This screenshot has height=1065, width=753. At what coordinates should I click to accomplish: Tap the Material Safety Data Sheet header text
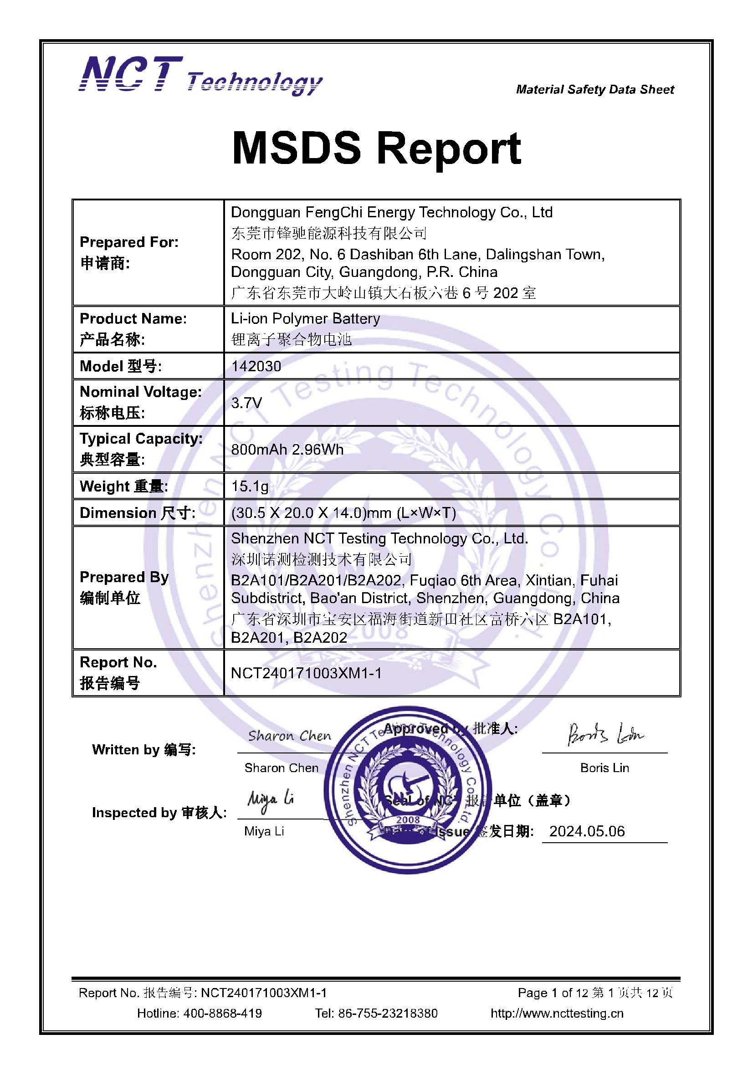coord(595,90)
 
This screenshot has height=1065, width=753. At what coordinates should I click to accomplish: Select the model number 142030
coord(256,366)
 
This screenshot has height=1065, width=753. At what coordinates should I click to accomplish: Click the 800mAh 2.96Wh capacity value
coord(287,450)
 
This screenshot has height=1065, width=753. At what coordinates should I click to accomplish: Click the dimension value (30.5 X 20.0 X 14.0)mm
coord(343,512)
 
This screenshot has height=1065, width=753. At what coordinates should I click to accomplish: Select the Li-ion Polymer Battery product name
coord(305,319)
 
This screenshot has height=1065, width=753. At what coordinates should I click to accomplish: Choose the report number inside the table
coord(306,673)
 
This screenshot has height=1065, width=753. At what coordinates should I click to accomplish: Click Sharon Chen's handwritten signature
coord(290,736)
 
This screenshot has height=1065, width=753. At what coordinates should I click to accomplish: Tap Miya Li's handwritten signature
coord(271,802)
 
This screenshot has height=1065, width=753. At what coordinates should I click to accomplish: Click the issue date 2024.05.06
coord(587,831)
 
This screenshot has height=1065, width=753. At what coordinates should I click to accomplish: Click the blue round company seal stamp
coord(408,788)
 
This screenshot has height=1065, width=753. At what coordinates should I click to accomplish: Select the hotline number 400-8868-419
coord(222,1013)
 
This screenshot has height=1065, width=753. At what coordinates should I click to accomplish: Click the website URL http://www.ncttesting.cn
coord(557,1013)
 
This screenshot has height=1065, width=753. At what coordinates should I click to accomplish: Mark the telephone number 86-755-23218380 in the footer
coord(387,1013)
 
